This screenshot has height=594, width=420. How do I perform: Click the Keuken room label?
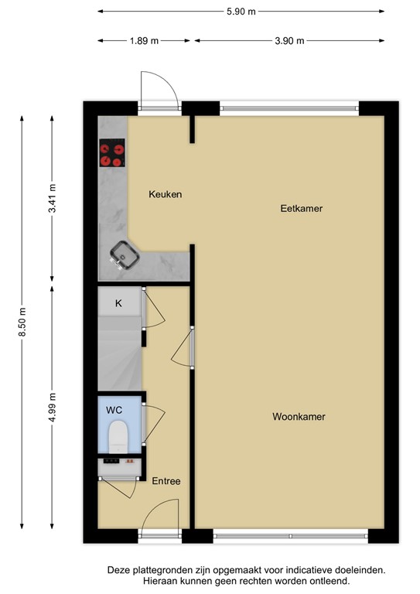pos(166,194)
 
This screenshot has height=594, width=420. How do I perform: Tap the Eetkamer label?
pos(302,209)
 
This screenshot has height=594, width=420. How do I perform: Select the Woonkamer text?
pos(299,417)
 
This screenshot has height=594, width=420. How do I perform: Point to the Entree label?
pos(166,481)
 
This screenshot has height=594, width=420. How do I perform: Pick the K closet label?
pos(118,303)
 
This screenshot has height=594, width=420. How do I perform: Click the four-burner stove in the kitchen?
pos(112,153)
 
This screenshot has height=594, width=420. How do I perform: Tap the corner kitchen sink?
pos(123,252)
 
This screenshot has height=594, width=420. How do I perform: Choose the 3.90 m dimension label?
pos(290,41)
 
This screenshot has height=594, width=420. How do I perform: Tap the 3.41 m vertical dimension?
pos(53,198)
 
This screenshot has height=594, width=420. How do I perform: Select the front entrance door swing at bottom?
pos(161,516)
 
